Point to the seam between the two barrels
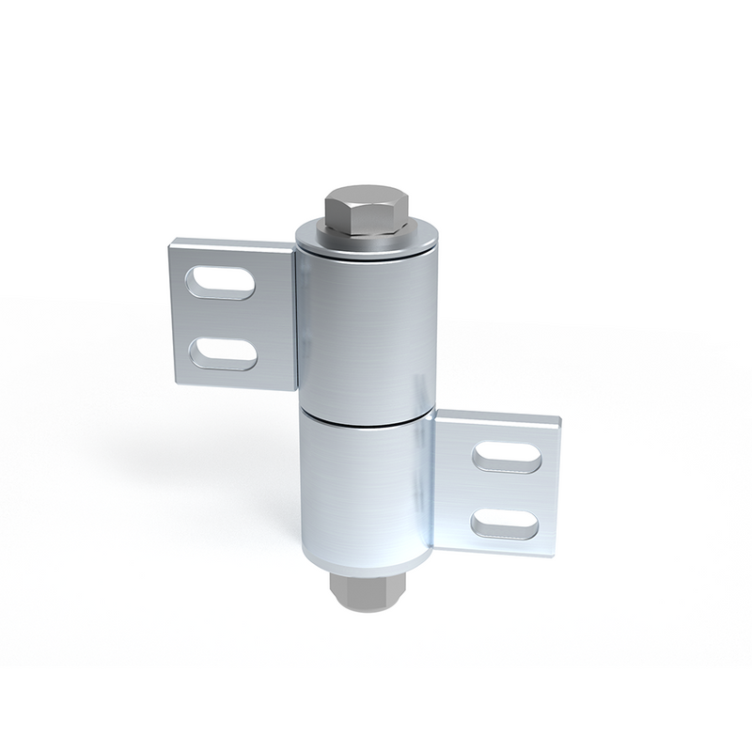(367, 419)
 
